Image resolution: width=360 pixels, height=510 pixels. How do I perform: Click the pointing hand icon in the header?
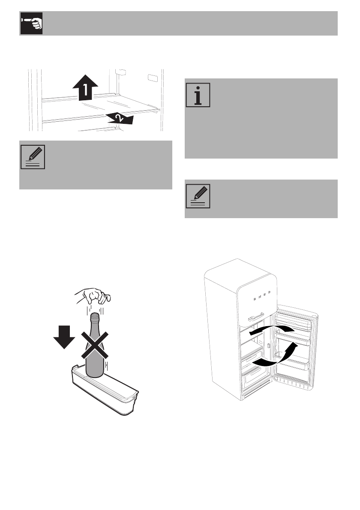[x=32, y=24]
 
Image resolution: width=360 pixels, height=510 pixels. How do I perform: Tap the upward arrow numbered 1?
[x=85, y=87]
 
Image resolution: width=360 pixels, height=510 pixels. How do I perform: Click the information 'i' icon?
[x=198, y=95]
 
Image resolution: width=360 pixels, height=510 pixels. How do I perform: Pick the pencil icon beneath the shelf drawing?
[x=33, y=157]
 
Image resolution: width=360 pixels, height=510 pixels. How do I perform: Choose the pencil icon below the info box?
[x=198, y=196]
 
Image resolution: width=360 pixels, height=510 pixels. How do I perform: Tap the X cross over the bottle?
[x=95, y=345]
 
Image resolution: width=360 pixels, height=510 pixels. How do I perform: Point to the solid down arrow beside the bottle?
[x=64, y=337]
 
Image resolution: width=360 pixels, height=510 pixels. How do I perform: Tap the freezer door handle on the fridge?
[x=260, y=318]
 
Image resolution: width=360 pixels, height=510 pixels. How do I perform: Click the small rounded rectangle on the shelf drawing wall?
[x=152, y=78]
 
